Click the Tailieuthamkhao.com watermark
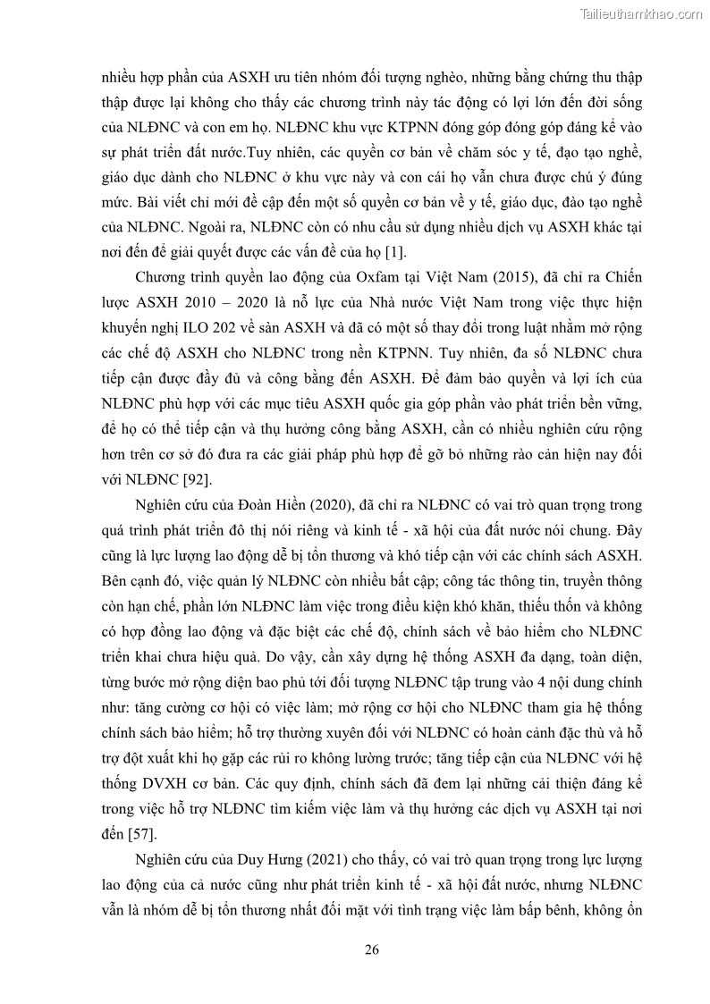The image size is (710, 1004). click(641, 13)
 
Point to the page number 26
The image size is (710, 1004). click(372, 949)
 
